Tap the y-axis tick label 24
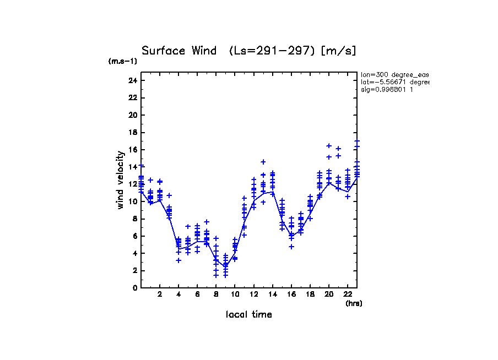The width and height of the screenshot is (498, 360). point(132,80)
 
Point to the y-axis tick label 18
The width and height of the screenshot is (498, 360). point(132,132)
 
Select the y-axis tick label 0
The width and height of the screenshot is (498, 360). point(134,287)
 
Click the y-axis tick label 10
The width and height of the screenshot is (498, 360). point(132,201)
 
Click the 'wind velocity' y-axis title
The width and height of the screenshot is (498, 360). point(120,182)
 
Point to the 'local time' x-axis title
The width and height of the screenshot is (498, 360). point(249,314)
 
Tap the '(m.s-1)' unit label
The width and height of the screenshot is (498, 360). point(122,61)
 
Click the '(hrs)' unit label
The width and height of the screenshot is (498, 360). point(354,303)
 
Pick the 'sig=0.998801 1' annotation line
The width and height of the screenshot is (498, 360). point(387,89)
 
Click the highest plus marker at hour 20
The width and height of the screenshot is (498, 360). point(329,146)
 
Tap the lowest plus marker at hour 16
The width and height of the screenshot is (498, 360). point(291,247)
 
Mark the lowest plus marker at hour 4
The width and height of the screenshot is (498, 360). point(178,260)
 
